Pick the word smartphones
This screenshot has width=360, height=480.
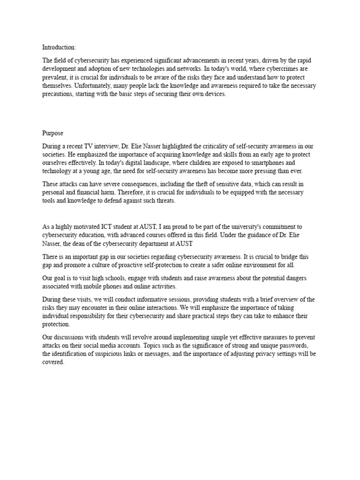(x=279, y=163)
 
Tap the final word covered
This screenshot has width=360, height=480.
(x=53, y=362)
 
